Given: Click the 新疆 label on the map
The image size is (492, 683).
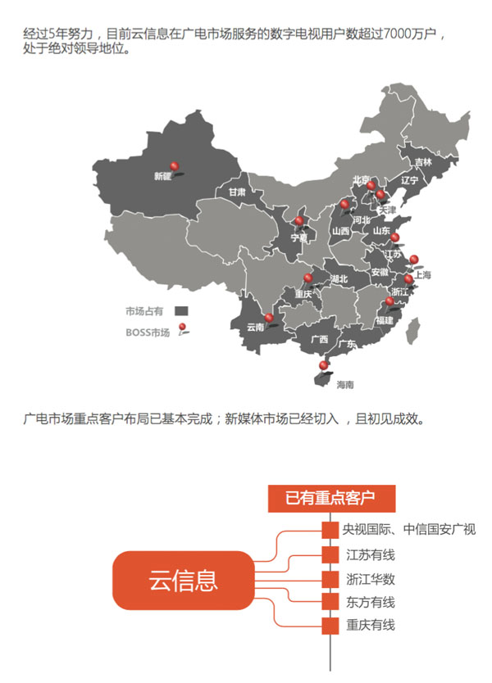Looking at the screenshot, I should pyautogui.click(x=162, y=176).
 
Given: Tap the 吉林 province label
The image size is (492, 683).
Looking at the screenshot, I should pyautogui.click(x=422, y=162).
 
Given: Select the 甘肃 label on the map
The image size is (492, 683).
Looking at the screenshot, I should pyautogui.click(x=237, y=192).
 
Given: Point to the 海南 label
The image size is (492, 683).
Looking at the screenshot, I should pyautogui.click(x=345, y=383).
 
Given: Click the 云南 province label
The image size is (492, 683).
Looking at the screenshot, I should pyautogui.click(x=255, y=326).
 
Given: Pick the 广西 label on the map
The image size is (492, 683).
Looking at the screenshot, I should pyautogui.click(x=319, y=339).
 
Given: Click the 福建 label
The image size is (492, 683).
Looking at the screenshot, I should pyautogui.click(x=385, y=320).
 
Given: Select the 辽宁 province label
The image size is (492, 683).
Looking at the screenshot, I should pyautogui.click(x=410, y=180).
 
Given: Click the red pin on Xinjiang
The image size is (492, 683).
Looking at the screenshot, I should pyautogui.click(x=172, y=165).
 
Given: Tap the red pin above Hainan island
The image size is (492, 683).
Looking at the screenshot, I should pyautogui.click(x=325, y=364).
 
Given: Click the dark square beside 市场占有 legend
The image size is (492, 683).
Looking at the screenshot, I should pyautogui.click(x=181, y=311).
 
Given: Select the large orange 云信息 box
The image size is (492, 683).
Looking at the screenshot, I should pyautogui.click(x=184, y=580).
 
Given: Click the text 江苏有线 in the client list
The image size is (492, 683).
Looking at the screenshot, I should pyautogui.click(x=371, y=555).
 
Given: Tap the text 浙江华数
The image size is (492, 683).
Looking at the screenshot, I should pyautogui.click(x=371, y=579).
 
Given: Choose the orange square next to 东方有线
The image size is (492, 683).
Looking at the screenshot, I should pyautogui.click(x=330, y=603).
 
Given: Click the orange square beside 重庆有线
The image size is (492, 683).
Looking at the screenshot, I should pyautogui.click(x=330, y=626).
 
